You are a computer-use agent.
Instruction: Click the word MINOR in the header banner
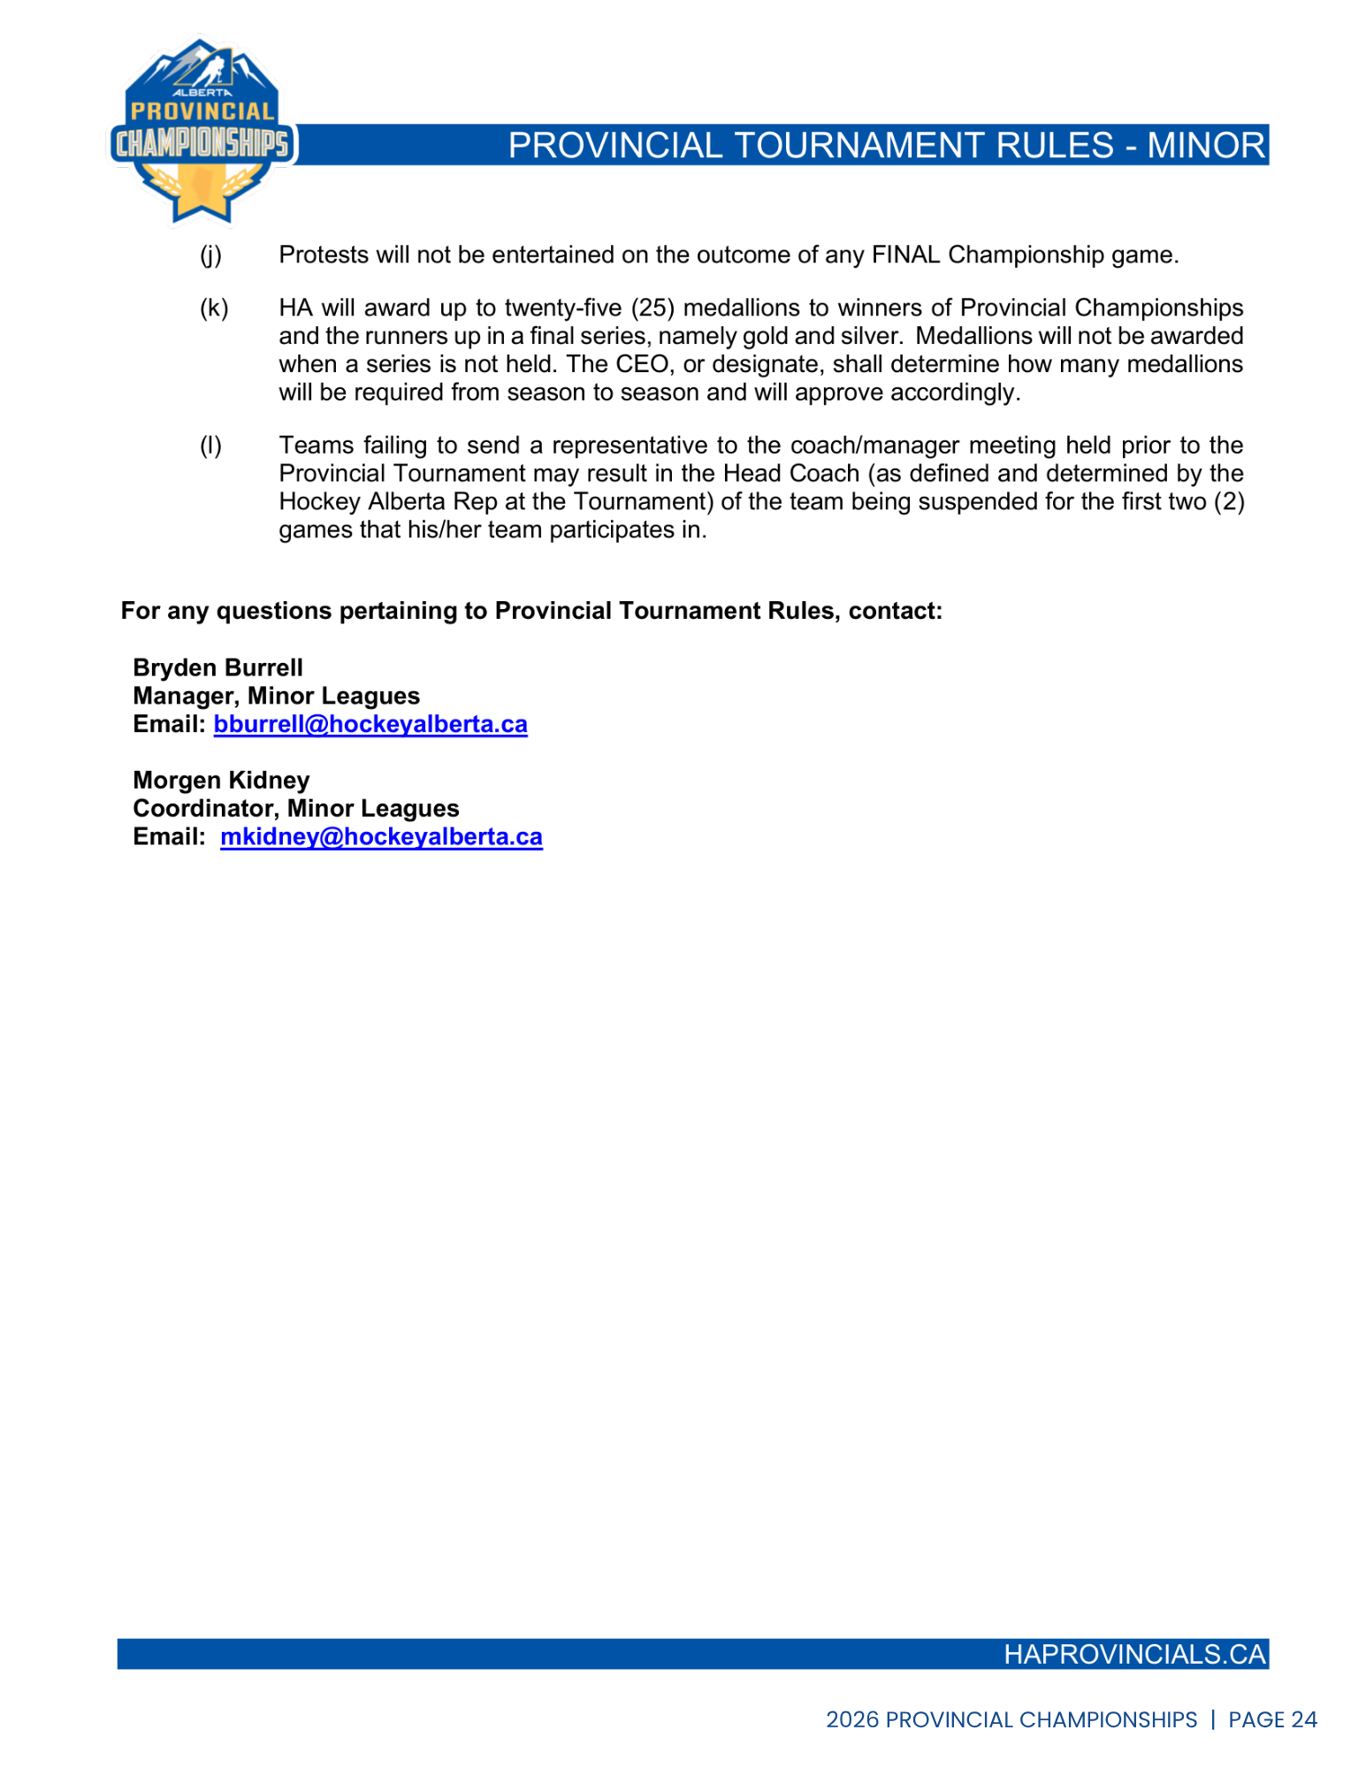tap(1206, 146)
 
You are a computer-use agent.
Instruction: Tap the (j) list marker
tap(210, 255)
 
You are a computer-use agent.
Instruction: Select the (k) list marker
tap(213, 309)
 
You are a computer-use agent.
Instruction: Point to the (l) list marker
tap(210, 446)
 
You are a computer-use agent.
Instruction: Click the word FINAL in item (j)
tap(906, 255)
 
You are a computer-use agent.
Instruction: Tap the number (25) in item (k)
tap(652, 309)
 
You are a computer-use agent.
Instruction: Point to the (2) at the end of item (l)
tap(1228, 502)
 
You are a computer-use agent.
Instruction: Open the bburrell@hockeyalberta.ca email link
tap(370, 725)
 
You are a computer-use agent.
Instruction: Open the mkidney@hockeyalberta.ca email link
tap(381, 837)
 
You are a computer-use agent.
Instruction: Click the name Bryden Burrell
tap(217, 668)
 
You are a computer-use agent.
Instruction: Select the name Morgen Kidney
tap(221, 781)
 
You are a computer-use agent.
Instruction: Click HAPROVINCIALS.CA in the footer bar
tap(1134, 1655)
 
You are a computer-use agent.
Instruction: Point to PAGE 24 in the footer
tap(1272, 1720)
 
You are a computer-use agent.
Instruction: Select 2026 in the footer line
tap(851, 1720)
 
